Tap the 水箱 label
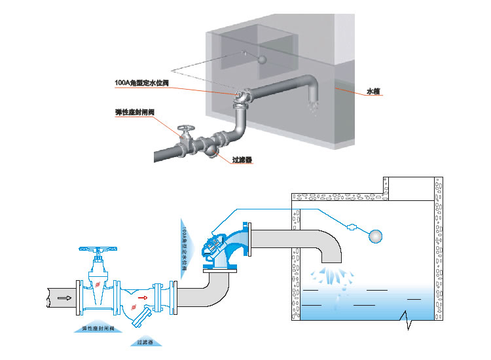[373, 92]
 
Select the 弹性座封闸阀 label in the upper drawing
[134, 112]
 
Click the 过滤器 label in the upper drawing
[242, 159]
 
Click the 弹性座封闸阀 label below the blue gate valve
[98, 327]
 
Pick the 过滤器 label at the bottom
[145, 342]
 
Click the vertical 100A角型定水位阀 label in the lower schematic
[185, 249]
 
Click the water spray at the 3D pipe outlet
[312, 103]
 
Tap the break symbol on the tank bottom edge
[408, 321]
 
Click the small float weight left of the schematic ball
[353, 228]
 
